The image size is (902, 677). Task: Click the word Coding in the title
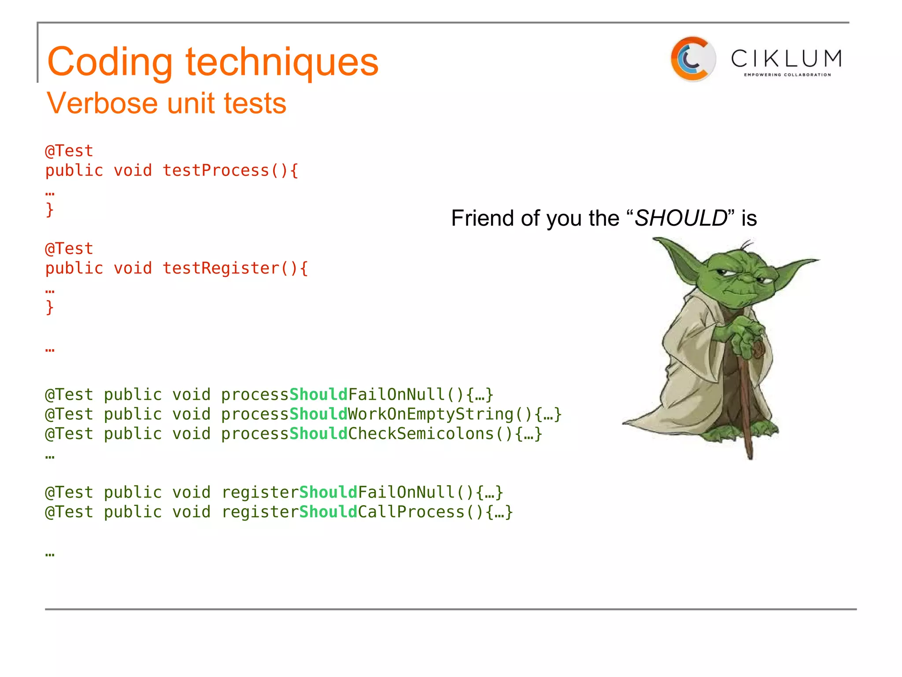click(110, 63)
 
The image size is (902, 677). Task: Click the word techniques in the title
click(282, 63)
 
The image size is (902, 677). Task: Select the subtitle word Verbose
click(102, 104)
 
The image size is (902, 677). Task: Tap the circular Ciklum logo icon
click(692, 59)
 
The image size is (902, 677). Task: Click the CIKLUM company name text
click(786, 58)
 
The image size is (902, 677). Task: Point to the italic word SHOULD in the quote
click(681, 218)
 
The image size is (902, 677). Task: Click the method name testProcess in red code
click(216, 171)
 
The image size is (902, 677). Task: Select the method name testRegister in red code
click(221, 268)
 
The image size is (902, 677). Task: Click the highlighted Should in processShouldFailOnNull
click(318, 394)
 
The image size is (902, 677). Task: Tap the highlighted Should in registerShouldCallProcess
click(328, 512)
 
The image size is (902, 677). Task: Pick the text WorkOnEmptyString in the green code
click(430, 414)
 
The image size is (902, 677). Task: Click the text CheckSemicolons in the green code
click(421, 434)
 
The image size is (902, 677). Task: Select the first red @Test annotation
click(69, 151)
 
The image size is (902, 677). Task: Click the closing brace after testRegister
click(50, 307)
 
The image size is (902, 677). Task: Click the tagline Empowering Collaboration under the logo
click(787, 75)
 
